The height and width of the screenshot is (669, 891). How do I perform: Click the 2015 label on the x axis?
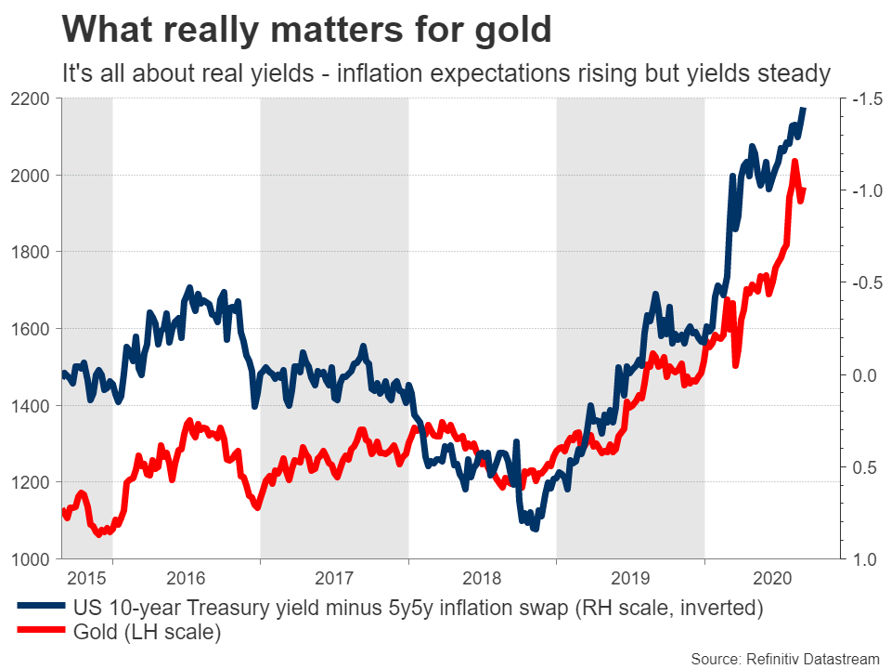pyautogui.click(x=86, y=577)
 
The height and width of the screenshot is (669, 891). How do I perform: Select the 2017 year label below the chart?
pyautogui.click(x=334, y=577)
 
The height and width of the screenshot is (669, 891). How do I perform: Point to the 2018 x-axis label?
pyautogui.click(x=482, y=577)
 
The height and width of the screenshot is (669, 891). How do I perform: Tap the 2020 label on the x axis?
pyautogui.click(x=773, y=577)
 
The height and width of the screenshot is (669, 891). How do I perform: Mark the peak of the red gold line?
pyautogui.click(x=795, y=162)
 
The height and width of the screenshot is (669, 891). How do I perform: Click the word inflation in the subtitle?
pyautogui.click(x=382, y=72)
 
